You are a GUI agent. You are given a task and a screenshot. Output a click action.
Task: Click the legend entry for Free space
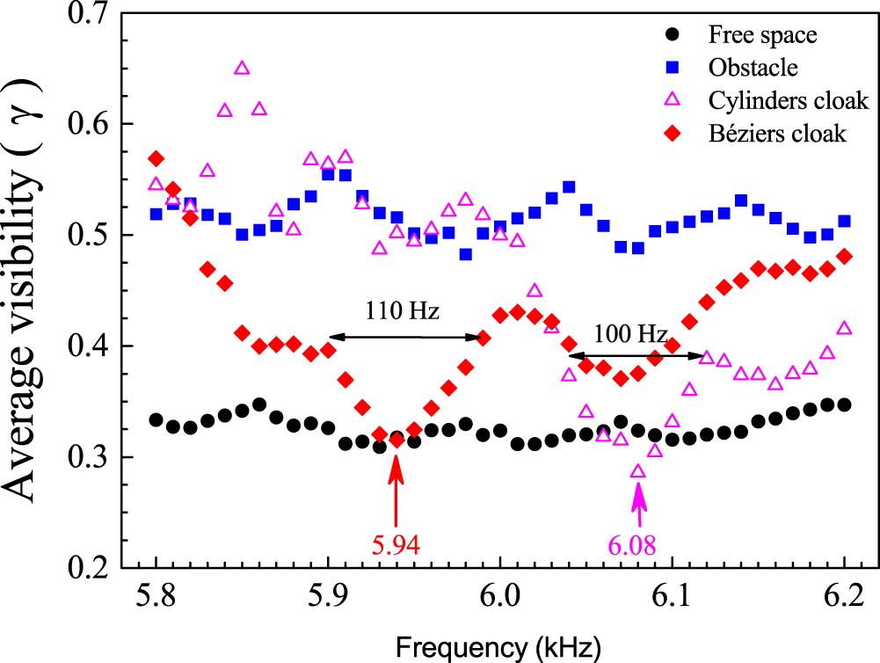762,36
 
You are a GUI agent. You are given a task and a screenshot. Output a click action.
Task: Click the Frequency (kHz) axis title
498,647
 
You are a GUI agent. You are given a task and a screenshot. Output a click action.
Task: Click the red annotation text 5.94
396,545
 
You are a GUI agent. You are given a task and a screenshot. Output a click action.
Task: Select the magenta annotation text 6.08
632,545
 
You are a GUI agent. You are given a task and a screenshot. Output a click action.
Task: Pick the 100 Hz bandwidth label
629,334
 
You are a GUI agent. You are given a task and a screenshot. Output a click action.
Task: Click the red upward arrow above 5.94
396,497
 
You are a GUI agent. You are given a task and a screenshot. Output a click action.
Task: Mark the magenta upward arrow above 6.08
638,506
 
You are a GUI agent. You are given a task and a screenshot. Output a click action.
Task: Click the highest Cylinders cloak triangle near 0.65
242,69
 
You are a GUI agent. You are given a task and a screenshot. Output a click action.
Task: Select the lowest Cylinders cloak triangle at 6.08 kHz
638,472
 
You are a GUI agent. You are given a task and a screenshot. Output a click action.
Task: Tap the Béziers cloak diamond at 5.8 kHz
156,159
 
